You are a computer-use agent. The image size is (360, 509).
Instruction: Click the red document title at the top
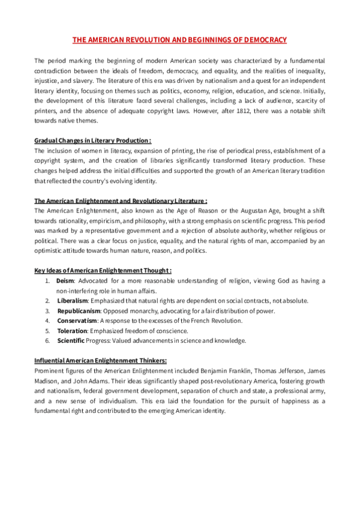coord(179,40)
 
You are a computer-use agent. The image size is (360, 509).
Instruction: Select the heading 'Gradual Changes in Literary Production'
coord(91,140)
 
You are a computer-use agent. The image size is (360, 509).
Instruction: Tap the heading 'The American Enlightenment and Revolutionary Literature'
coord(121,200)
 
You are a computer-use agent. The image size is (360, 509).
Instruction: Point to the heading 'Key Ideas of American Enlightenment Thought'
coord(103,271)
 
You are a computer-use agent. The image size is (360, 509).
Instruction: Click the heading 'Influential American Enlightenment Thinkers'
coord(101,361)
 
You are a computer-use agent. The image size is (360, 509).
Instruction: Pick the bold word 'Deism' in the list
coord(64,281)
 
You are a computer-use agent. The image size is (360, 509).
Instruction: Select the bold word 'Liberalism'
coord(73,300)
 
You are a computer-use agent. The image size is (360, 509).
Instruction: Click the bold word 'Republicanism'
coord(79,310)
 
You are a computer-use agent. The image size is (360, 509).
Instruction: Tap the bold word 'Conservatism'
coord(77,321)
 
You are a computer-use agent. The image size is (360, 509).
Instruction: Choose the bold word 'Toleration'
coord(72,331)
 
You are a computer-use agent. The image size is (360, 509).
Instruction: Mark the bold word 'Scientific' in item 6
coord(71,341)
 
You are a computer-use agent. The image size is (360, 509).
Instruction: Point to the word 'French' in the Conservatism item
coord(206,321)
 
